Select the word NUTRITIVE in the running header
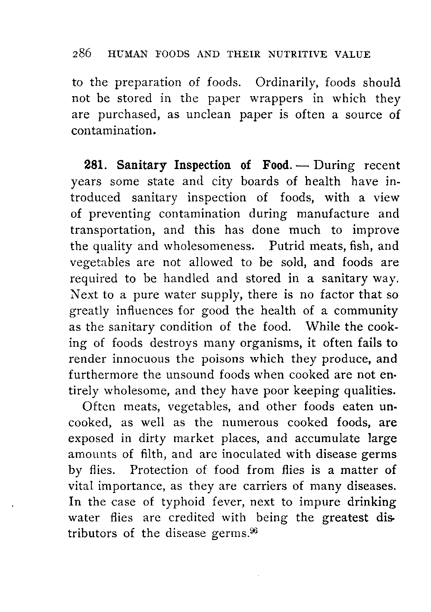pyautogui.click(x=295, y=55)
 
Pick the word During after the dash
pyautogui.click(x=334, y=166)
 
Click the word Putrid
pyautogui.click(x=287, y=246)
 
